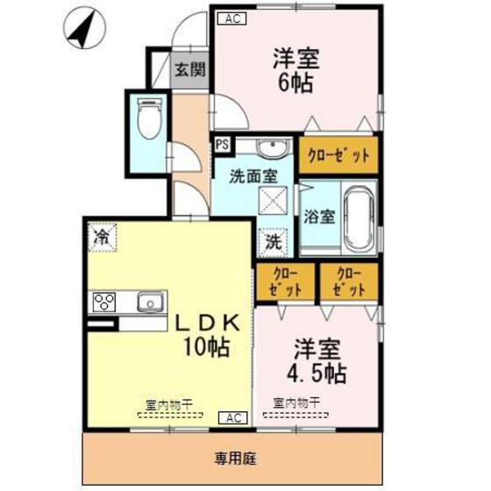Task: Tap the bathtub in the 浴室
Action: click(x=358, y=217)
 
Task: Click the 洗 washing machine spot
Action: click(x=274, y=238)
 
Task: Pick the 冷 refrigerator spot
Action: click(x=102, y=236)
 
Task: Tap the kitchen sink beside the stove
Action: click(x=150, y=302)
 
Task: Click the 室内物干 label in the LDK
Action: click(x=168, y=404)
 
